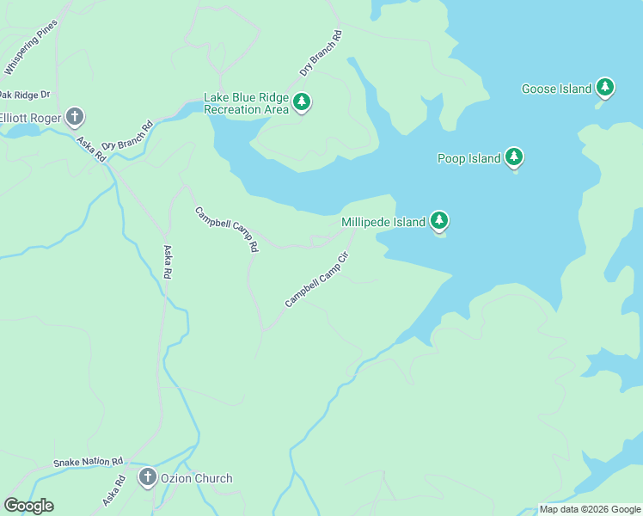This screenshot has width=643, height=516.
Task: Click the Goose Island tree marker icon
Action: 605,88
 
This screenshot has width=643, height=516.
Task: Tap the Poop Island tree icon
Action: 514,157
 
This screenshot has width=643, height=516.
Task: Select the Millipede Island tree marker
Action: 439,221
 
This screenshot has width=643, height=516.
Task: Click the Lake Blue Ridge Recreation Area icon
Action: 301,102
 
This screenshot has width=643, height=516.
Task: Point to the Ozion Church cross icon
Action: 147,477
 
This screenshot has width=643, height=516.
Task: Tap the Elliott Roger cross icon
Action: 75,116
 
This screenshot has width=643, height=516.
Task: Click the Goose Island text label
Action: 557,89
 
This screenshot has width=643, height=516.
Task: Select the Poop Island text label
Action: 469,158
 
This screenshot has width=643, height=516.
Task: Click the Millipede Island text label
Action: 383,222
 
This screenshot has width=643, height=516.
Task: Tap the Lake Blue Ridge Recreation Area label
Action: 246,103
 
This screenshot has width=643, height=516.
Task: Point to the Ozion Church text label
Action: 196,478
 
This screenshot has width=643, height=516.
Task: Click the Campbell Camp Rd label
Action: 226,229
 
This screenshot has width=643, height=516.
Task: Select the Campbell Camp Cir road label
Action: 318,279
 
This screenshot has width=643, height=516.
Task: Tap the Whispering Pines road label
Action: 30,46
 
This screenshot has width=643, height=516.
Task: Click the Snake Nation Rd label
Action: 89,462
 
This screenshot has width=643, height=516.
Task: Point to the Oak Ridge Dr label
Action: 24,95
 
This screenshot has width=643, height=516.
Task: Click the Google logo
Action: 28,506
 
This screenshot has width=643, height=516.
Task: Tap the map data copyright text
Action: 590,509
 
